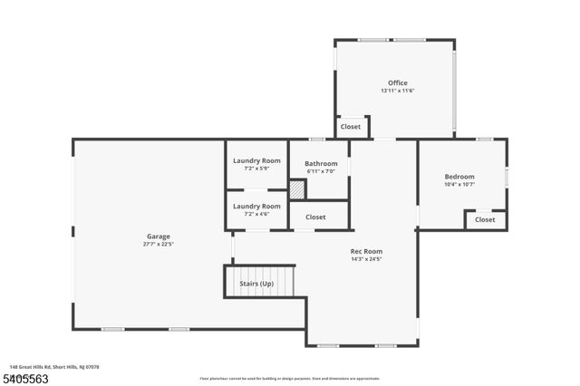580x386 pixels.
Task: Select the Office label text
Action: pyautogui.click(x=398, y=83)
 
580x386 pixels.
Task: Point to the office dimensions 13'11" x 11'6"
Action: pyautogui.click(x=398, y=91)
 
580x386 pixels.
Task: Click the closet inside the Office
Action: pyautogui.click(x=351, y=127)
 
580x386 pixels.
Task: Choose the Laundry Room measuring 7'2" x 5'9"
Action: pyautogui.click(x=256, y=164)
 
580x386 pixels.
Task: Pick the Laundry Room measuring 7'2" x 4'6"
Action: pyautogui.click(x=256, y=210)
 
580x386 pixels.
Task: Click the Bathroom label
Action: pyautogui.click(x=321, y=164)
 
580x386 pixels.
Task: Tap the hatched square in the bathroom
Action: pyautogui.click(x=297, y=190)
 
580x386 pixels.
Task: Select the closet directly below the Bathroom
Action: pyautogui.click(x=315, y=217)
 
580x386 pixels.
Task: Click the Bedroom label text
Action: pyautogui.click(x=459, y=177)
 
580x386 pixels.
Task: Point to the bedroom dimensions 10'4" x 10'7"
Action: pyautogui.click(x=459, y=184)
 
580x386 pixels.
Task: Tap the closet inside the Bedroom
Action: pyautogui.click(x=485, y=219)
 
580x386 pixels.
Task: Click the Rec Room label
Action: pyautogui.click(x=367, y=251)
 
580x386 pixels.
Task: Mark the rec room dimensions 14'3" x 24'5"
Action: pyautogui.click(x=367, y=258)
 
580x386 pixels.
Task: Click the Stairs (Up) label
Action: pyautogui.click(x=256, y=284)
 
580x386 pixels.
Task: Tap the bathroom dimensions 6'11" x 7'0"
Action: pyautogui.click(x=321, y=171)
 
